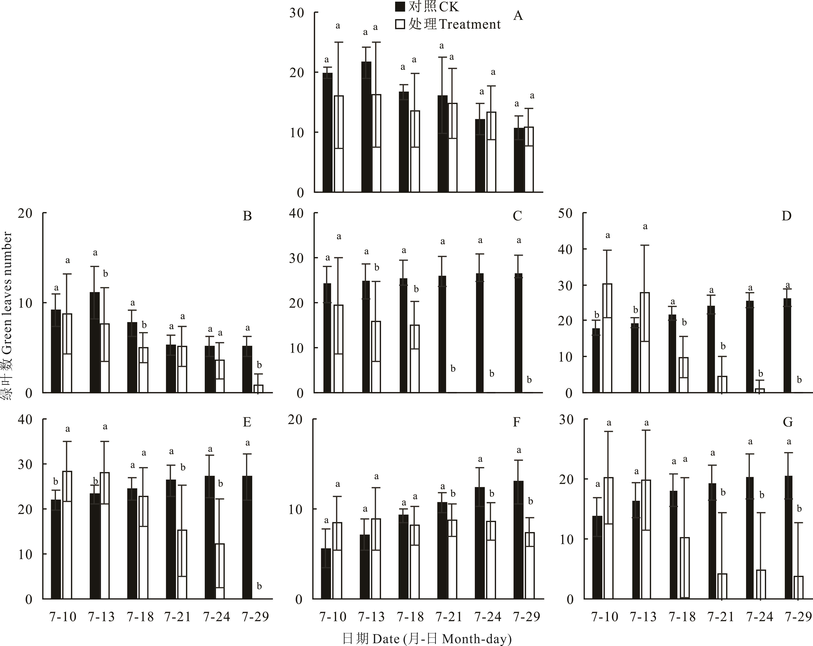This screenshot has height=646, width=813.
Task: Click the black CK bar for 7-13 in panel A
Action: tap(366, 127)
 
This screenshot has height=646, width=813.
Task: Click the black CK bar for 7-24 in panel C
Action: tap(480, 333)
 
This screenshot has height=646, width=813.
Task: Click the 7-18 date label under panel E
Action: tap(140, 617)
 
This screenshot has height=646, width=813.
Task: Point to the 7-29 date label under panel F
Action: tap(527, 617)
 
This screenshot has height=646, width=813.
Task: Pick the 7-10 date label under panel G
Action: tap(604, 617)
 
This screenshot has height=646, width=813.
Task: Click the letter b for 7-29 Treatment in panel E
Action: tap(259, 586)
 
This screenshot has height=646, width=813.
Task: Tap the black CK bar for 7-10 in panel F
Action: tap(326, 573)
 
